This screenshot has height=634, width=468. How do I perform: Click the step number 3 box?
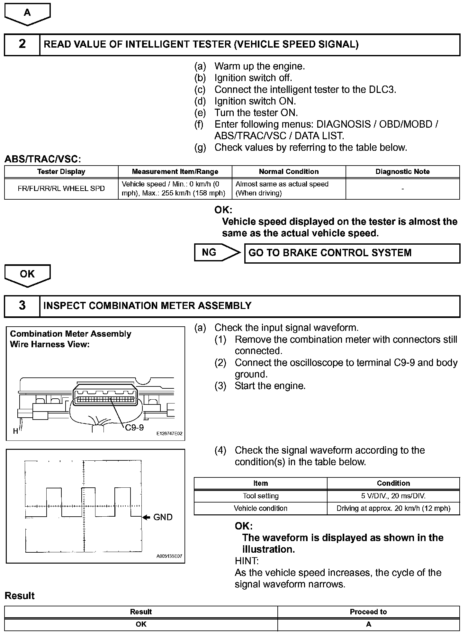tap(22, 305)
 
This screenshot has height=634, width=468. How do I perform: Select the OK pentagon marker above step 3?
tap(28, 275)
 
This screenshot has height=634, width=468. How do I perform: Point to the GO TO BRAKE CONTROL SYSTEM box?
tap(352, 253)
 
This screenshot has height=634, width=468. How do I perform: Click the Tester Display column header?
tap(61, 172)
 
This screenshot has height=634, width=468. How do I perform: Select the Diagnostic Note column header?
tap(402, 172)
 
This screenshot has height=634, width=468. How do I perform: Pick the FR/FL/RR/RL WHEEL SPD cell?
tap(61, 189)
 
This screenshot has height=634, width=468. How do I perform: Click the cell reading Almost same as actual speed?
tap(288, 188)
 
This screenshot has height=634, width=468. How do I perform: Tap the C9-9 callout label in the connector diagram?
tap(134, 427)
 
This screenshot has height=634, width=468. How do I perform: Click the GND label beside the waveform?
tap(163, 517)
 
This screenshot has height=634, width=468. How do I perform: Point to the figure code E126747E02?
tap(169, 434)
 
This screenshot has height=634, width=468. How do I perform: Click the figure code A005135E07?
tap(169, 557)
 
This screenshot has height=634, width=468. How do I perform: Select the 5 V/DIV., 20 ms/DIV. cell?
tap(393, 496)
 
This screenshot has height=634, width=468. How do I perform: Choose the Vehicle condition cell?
tap(260, 508)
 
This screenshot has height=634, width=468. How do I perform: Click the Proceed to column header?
tap(368, 612)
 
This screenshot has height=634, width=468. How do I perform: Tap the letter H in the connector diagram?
tap(15, 431)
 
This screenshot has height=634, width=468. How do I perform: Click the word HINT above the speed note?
tap(247, 561)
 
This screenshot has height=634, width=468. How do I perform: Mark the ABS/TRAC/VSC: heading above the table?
tap(43, 159)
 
